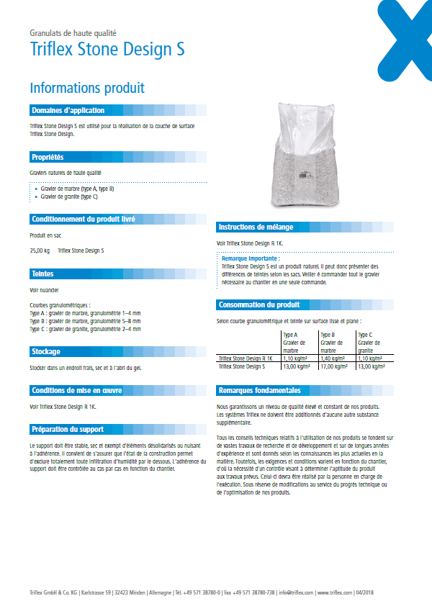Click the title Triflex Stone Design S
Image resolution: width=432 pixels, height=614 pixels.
pyautogui.click(x=107, y=49)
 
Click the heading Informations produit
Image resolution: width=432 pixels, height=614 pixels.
pyautogui.click(x=87, y=88)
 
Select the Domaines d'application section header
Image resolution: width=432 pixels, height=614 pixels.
pyautogui.click(x=68, y=110)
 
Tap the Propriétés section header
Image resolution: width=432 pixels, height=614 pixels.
pyautogui.click(x=48, y=156)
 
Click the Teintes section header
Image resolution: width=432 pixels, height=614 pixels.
pyautogui.click(x=42, y=274)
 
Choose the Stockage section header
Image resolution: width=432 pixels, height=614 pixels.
pyautogui.click(x=45, y=351)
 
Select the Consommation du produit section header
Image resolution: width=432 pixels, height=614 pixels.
pyautogui.click(x=259, y=304)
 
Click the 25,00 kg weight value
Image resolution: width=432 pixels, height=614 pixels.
pyautogui.click(x=40, y=250)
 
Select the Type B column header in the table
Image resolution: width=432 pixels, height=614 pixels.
pyautogui.click(x=328, y=335)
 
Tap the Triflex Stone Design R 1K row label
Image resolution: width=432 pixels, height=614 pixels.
pyautogui.click(x=245, y=358)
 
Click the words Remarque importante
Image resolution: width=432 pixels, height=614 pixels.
pyautogui.click(x=249, y=258)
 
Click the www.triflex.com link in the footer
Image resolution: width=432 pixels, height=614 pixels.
pyautogui.click(x=333, y=592)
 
